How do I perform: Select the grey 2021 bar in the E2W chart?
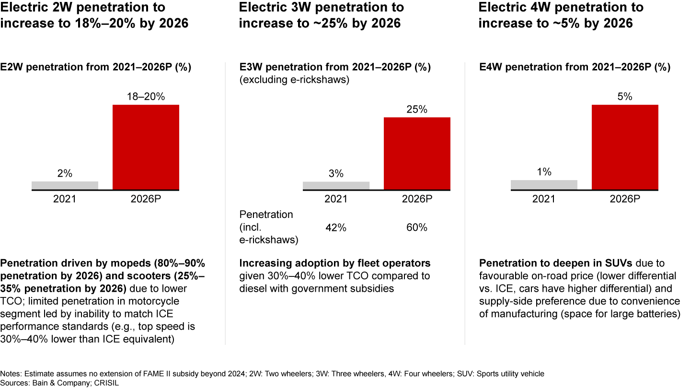coord(65,185)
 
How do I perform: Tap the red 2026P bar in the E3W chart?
coord(417,153)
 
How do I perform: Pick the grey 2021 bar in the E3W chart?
coord(336,185)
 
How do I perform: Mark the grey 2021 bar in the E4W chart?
coord(544,185)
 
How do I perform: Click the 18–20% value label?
coord(146,97)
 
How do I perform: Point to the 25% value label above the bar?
coord(417,109)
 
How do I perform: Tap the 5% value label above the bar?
coord(625,97)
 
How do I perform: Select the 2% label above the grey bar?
coord(65,174)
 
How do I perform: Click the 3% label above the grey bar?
coord(336,174)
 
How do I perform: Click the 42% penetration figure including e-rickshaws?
coord(336,228)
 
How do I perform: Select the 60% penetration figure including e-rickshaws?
coord(417,228)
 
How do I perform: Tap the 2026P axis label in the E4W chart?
coord(625,199)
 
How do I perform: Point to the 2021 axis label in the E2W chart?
coord(65,199)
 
